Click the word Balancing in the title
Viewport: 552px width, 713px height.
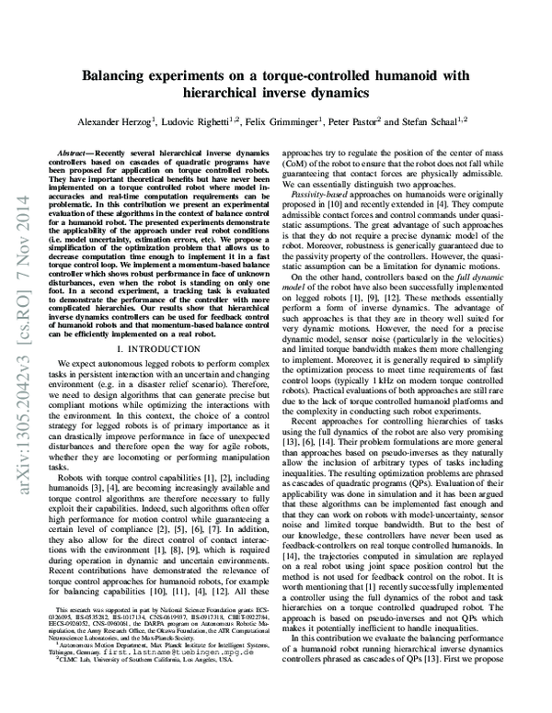[x=117, y=77]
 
